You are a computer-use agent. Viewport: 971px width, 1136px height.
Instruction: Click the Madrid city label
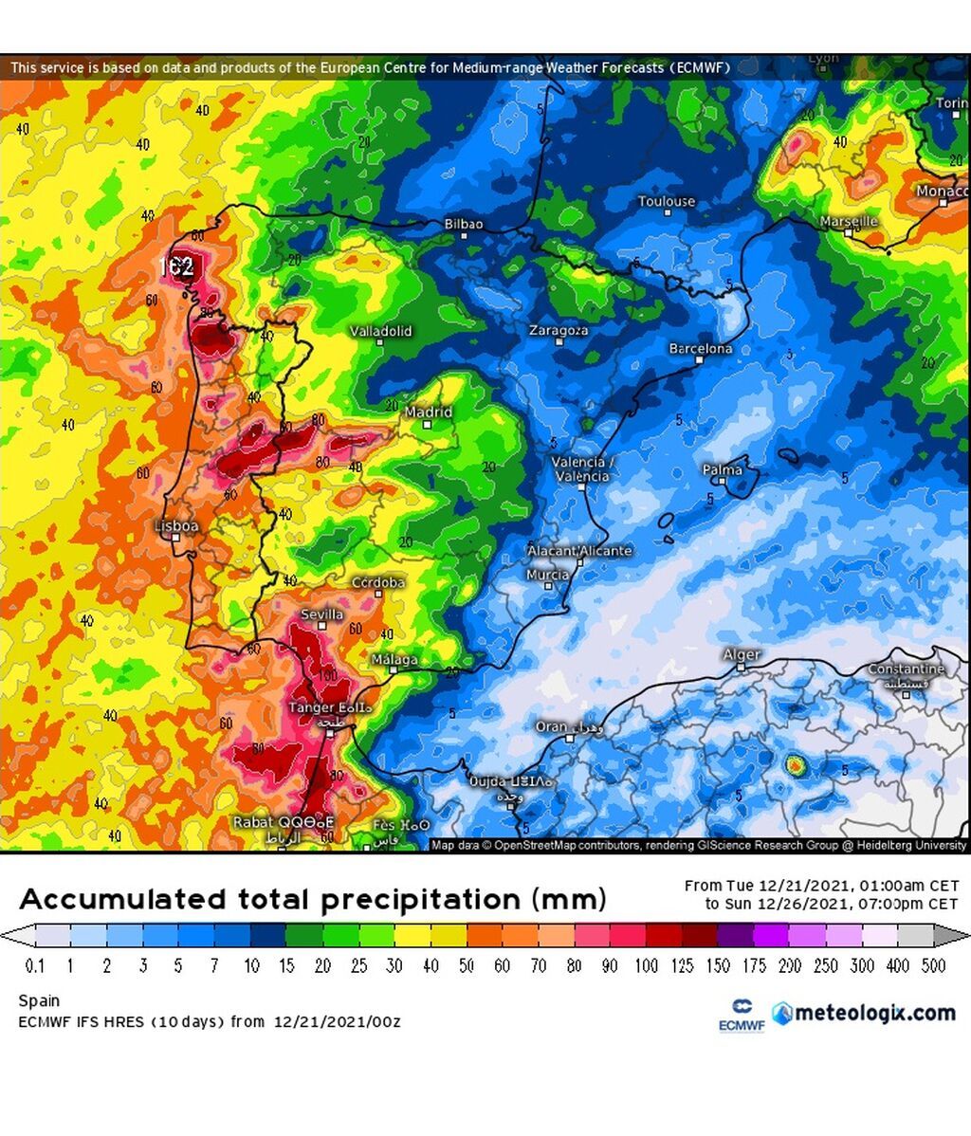(x=429, y=412)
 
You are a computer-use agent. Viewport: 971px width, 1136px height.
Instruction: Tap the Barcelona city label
(x=701, y=349)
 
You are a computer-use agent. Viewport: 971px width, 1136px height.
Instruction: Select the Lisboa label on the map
(x=177, y=526)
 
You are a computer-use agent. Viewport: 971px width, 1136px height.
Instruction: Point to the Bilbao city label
(x=464, y=225)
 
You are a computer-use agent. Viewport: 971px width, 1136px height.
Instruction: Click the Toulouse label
(x=667, y=202)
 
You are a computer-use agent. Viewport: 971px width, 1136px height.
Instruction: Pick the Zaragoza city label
(x=559, y=331)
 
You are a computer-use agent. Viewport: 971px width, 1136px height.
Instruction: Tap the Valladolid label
(x=381, y=331)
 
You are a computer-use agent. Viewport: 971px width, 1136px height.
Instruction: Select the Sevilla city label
(x=321, y=614)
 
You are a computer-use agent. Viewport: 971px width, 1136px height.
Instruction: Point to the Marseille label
(x=849, y=221)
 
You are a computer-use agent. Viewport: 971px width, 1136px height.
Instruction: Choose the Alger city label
(x=742, y=655)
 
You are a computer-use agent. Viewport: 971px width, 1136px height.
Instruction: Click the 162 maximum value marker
(x=176, y=266)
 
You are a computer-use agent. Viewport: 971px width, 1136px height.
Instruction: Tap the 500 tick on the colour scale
(x=934, y=965)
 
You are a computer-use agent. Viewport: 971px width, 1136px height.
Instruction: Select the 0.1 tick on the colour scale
(x=35, y=965)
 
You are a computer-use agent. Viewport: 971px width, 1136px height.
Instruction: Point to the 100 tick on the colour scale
(x=646, y=965)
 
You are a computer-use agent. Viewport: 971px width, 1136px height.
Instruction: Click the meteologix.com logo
(x=864, y=1013)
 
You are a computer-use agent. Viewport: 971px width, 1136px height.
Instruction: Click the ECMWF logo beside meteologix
(x=741, y=1015)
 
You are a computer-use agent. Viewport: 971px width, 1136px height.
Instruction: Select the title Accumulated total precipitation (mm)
(x=312, y=899)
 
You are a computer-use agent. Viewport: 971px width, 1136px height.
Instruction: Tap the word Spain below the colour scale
(x=39, y=1000)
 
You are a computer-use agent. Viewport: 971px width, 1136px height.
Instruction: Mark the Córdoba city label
(x=377, y=582)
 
